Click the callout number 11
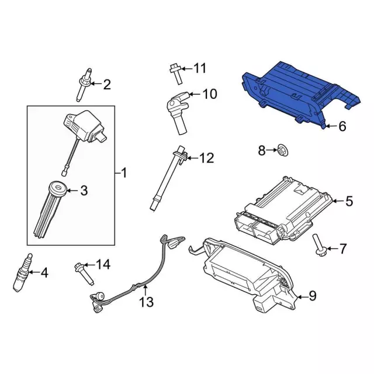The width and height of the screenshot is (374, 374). [200, 68]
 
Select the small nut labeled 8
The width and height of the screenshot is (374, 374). [283, 150]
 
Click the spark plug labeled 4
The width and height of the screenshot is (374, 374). [22, 272]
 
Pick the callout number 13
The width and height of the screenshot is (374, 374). [146, 302]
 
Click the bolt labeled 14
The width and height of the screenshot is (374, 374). [84, 273]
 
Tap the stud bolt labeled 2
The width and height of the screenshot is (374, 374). [84, 84]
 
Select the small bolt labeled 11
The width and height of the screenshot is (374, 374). [176, 74]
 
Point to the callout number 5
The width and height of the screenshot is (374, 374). [349, 201]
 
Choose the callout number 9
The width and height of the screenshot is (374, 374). [313, 296]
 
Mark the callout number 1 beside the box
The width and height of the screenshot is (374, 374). [124, 172]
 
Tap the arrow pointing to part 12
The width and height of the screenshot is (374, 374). [193, 158]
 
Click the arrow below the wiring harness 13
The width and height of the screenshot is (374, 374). [145, 290]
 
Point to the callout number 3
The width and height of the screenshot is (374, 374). [84, 191]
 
